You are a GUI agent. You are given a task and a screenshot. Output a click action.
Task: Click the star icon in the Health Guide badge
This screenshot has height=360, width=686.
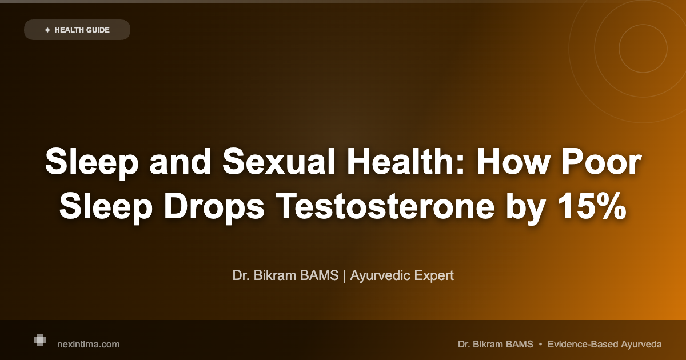pos(47,30)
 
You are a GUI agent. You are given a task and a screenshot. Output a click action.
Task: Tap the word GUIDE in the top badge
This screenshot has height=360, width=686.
pos(98,30)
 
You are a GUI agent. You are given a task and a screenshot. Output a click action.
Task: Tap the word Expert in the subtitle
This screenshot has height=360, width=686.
pos(434,275)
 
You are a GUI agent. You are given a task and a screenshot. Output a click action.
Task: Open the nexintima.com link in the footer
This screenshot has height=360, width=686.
pos(89,344)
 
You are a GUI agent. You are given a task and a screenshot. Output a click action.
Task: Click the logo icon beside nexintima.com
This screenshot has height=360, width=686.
pos(39,340)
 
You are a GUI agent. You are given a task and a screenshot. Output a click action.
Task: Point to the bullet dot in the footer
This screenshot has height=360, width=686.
pos(540,344)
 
